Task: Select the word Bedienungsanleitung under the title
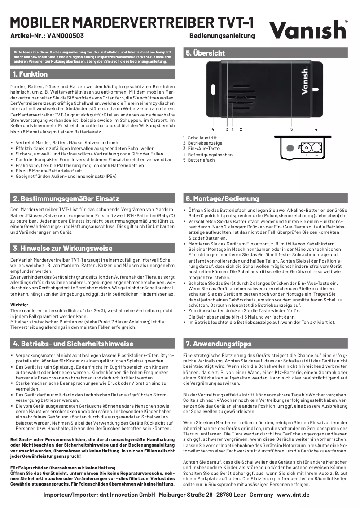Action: click(x=222, y=35)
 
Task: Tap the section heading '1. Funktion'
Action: click(x=30, y=74)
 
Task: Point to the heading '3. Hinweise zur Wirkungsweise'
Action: click(x=63, y=248)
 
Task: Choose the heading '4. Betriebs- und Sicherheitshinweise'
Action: click(x=73, y=344)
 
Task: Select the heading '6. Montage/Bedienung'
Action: click(x=222, y=198)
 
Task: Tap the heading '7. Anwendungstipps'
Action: click(x=219, y=344)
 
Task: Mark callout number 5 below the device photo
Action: click(x=291, y=129)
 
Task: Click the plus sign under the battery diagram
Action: click(x=307, y=155)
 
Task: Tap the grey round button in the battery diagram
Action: click(x=290, y=147)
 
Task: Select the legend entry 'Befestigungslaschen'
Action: click(x=210, y=155)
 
